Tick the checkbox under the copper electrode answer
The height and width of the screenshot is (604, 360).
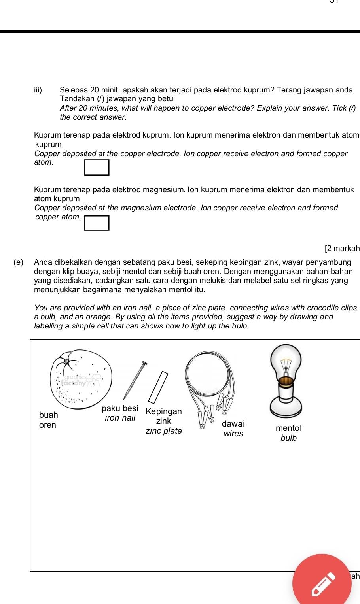coord(97,167)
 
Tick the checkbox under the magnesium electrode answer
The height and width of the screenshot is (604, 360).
coord(97,223)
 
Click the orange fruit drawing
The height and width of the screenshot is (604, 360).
coord(81,379)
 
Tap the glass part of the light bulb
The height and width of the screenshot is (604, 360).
coord(286,362)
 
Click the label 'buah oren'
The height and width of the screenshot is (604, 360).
coord(48,420)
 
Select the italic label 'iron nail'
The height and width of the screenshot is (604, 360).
coord(120,418)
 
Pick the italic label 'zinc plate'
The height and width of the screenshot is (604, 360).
coord(164,431)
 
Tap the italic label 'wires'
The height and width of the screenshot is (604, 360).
coord(233,434)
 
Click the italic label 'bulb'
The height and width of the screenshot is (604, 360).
coord(288,438)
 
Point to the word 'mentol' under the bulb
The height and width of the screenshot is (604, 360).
coord(288,428)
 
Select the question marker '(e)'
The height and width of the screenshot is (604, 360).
coord(18,262)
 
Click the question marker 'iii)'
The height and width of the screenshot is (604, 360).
coord(38,90)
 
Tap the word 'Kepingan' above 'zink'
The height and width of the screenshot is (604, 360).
coord(164,411)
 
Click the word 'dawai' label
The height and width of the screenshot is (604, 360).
coord(233,424)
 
